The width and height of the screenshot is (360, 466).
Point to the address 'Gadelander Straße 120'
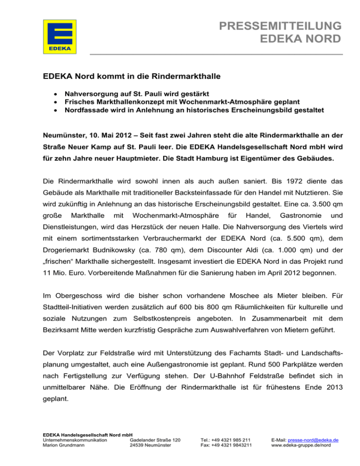[155, 441]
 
